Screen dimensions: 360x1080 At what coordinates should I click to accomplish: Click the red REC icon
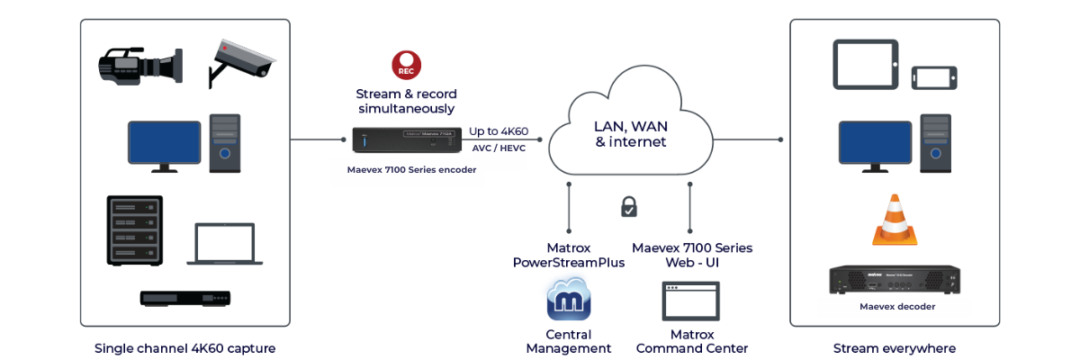point(406,65)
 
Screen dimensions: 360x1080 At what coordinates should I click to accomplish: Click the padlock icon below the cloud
point(629,206)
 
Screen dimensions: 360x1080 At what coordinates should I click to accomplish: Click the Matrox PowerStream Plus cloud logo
point(568,299)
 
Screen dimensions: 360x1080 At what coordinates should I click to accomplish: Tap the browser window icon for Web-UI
point(690,299)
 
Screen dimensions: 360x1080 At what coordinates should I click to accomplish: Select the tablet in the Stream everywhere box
point(864,63)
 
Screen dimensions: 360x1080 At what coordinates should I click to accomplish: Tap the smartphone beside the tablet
point(934,76)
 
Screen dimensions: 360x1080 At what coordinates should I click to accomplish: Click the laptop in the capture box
point(220,244)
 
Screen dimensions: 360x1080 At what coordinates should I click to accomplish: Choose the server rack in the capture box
point(136,230)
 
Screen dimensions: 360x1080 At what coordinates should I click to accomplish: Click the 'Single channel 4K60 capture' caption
point(184,348)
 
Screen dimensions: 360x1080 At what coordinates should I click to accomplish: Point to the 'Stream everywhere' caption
point(894,348)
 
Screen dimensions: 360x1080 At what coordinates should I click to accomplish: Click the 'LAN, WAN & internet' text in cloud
point(630,134)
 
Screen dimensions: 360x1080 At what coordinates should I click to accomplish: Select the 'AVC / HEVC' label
point(499,148)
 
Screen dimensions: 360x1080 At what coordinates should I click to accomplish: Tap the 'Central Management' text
point(568,341)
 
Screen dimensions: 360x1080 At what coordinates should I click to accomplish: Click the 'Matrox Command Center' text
point(691,341)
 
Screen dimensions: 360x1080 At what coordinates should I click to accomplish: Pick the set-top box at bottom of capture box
point(185,298)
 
